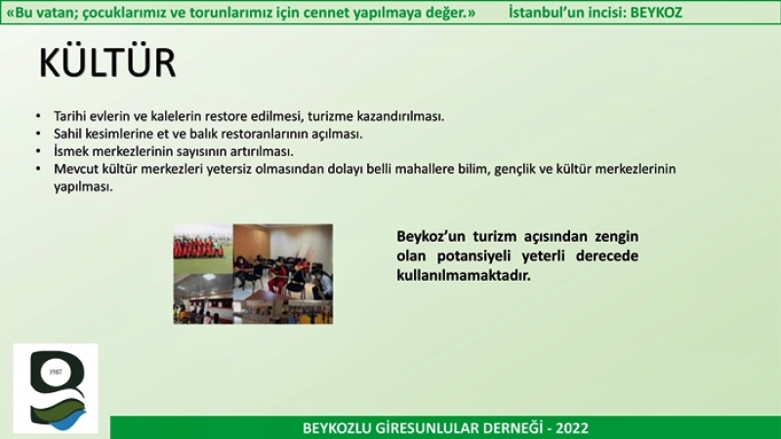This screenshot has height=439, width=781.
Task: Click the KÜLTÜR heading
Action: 107,62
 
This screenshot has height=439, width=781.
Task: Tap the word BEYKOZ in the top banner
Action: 656,12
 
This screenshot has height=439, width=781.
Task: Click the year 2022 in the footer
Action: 572,428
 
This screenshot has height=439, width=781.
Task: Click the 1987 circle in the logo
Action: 56,372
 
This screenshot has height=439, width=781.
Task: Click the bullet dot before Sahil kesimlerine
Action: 38,134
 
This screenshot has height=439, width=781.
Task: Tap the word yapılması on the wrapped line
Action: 83,187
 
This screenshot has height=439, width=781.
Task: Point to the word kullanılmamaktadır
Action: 464,275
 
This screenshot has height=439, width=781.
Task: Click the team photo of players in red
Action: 203,247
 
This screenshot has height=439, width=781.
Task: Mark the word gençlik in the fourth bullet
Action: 514,169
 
